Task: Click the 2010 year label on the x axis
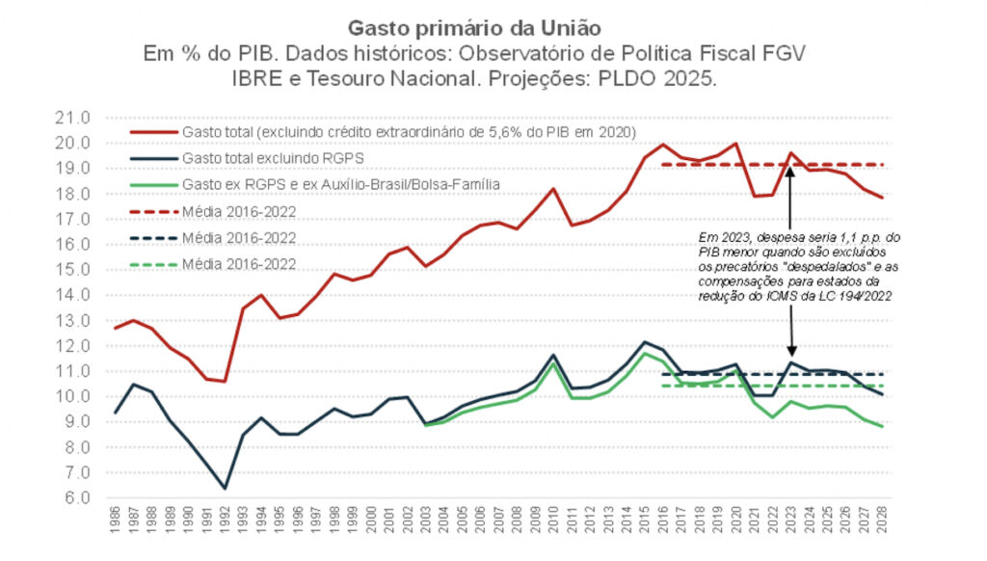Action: click(554, 526)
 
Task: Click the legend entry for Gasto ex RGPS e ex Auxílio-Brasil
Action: click(328, 183)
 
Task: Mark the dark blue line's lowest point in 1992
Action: click(226, 488)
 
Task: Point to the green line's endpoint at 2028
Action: click(882, 426)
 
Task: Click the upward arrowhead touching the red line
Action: click(790, 172)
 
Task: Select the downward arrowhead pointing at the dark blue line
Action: click(790, 354)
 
